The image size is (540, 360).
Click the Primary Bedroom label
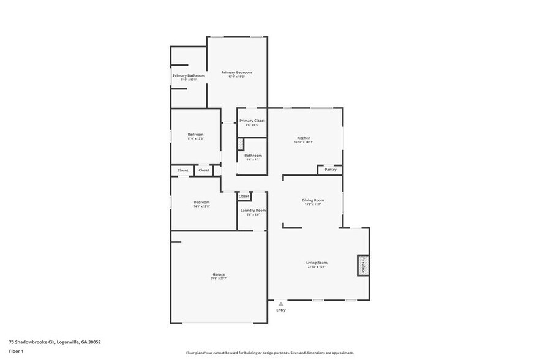236,72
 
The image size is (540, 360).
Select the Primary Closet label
252,121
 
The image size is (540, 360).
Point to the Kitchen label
304,138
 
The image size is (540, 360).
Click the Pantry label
331,170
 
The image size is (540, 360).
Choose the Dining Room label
313,200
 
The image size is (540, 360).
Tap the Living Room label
317,263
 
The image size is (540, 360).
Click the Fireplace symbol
362,265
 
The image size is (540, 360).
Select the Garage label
219,274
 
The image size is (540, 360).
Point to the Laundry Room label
253,210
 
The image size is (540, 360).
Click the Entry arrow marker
281,304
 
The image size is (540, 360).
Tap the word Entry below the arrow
281,310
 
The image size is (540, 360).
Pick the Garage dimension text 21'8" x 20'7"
219,279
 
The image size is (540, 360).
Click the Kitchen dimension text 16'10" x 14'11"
304,142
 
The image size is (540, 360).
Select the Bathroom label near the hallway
253,156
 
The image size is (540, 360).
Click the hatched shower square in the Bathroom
241,144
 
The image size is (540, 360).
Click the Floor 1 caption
17,351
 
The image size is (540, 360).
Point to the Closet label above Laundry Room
244,196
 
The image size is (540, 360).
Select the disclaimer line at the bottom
270,353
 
